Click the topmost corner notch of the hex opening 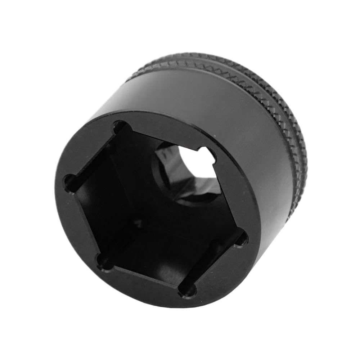pyautogui.click(x=120, y=127)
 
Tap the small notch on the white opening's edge pyautogui.click(x=211, y=153)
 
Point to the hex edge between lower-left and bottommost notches pyautogui.click(x=144, y=278)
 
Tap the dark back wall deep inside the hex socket pyautogui.click(x=144, y=202)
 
